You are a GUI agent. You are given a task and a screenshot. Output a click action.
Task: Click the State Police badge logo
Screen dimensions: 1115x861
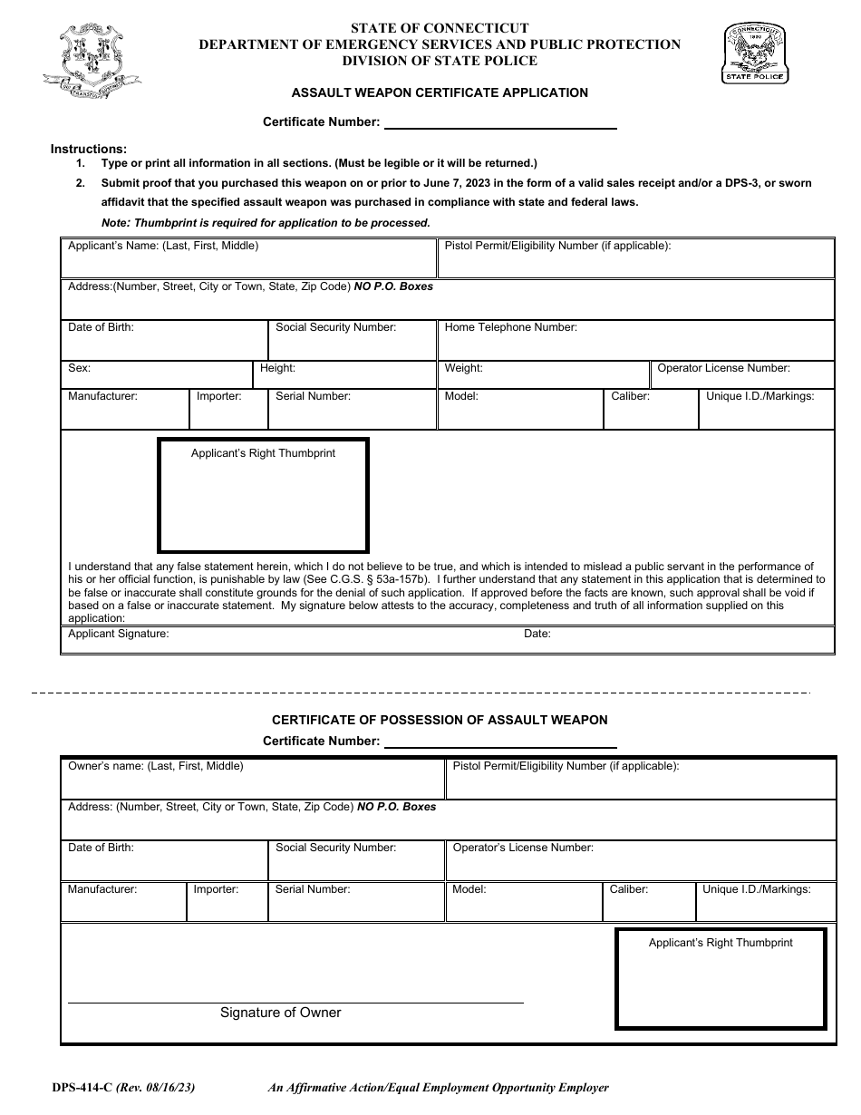click(755, 53)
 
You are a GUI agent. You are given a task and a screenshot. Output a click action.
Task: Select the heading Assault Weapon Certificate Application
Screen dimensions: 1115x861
click(440, 92)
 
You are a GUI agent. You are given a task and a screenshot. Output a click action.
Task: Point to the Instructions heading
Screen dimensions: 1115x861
click(89, 149)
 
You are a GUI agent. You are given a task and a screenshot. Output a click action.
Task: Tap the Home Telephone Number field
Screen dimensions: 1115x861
click(634, 341)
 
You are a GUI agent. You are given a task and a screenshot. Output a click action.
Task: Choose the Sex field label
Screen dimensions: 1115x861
click(80, 369)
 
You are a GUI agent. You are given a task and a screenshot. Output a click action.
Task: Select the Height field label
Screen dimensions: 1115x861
click(277, 369)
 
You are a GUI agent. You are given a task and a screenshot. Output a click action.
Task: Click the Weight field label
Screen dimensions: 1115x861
click(463, 369)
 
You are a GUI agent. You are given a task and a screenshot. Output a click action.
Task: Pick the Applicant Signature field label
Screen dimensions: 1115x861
click(119, 635)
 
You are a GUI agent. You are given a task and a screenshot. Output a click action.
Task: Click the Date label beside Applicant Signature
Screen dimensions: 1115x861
click(537, 635)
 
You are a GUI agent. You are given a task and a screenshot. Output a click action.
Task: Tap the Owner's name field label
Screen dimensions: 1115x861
click(156, 766)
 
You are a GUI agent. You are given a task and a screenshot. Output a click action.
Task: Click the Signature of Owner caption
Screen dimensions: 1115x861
click(281, 1013)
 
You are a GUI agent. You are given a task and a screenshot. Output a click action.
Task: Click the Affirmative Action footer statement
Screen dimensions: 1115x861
click(438, 1088)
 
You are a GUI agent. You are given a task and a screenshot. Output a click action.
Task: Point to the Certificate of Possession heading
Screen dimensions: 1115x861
click(440, 720)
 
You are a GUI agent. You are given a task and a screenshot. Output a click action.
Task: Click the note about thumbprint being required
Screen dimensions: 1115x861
click(266, 223)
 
